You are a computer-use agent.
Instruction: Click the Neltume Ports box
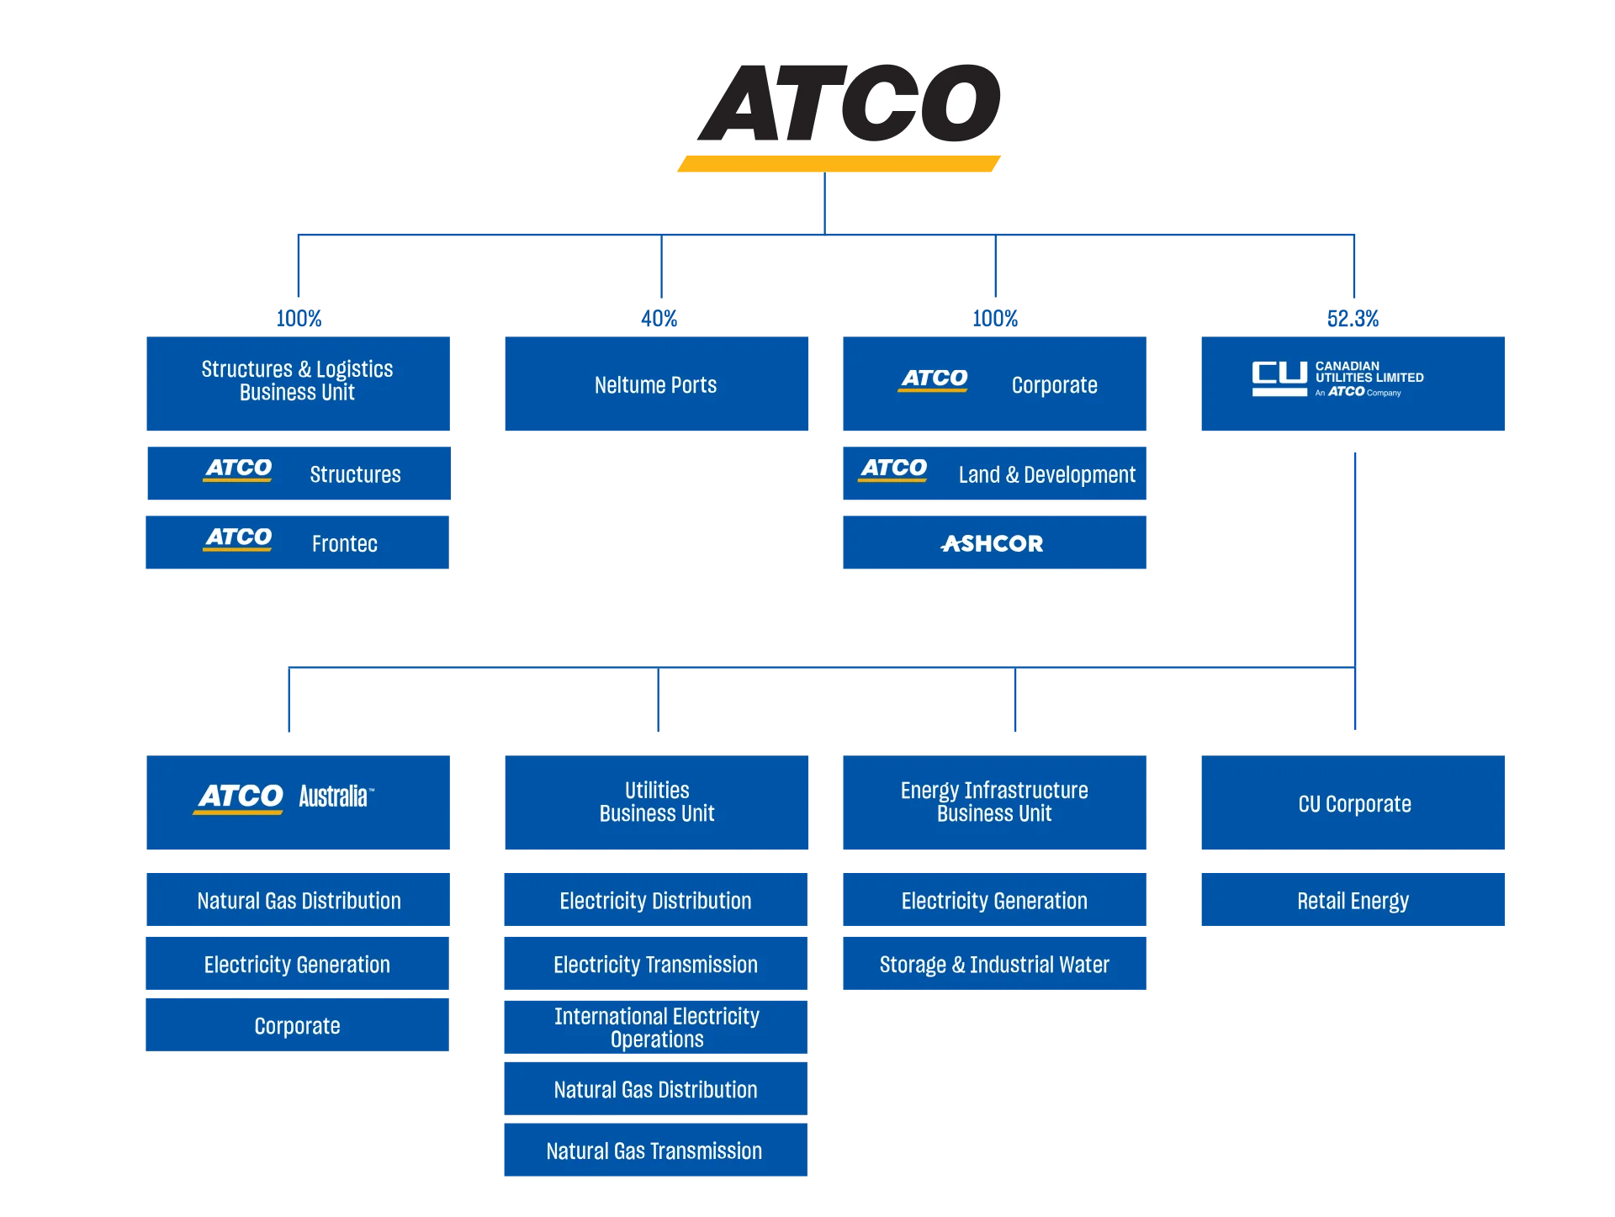point(658,385)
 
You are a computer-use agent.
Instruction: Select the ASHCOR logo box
point(995,542)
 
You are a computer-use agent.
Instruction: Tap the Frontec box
point(296,542)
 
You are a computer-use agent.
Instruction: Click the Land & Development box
point(995,474)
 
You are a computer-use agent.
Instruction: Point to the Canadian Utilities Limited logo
point(1337,379)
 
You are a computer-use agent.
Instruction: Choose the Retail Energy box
point(1352,900)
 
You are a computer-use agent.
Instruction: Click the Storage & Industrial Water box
point(995,965)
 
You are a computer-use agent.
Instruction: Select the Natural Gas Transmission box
point(654,1150)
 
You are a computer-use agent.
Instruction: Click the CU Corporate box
point(1353,804)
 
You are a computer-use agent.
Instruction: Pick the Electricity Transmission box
point(654,965)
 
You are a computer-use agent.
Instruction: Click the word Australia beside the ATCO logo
point(334,796)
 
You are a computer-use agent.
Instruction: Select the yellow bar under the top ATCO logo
point(838,165)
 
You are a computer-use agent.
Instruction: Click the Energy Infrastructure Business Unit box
point(995,802)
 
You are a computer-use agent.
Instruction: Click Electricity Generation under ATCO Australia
point(296,965)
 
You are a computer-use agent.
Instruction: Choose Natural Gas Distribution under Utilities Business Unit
point(654,1089)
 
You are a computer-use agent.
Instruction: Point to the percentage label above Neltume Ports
point(659,319)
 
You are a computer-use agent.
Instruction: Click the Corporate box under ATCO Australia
point(296,1026)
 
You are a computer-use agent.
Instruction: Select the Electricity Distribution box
point(654,900)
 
